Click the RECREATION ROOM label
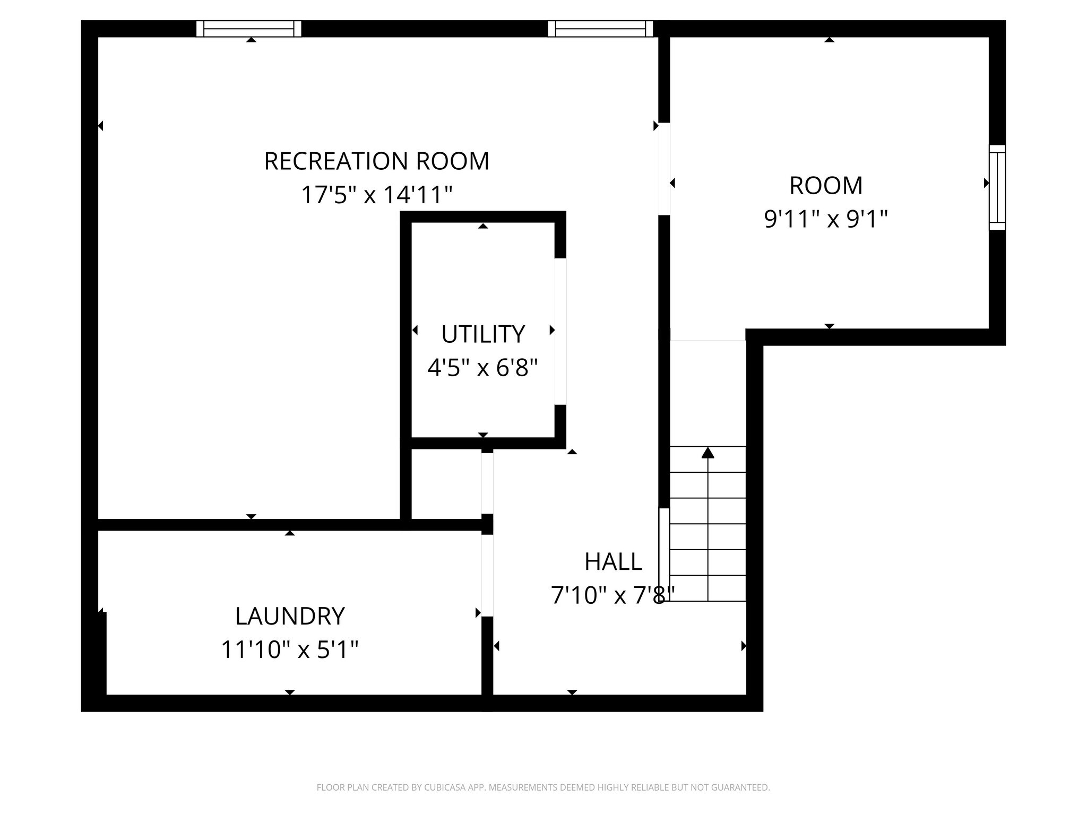pyautogui.click(x=376, y=161)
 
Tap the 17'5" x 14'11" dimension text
pyautogui.click(x=376, y=195)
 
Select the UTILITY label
pyautogui.click(x=483, y=334)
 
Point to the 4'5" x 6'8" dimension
pyautogui.click(x=483, y=367)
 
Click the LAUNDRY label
pyautogui.click(x=290, y=616)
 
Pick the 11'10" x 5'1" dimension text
pyautogui.click(x=290, y=649)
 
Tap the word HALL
pyautogui.click(x=613, y=562)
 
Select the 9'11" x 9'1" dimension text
pyautogui.click(x=826, y=219)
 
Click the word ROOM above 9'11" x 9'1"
pyautogui.click(x=826, y=186)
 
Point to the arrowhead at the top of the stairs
pyautogui.click(x=708, y=453)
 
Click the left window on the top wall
pyautogui.click(x=249, y=29)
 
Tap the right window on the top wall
pyautogui.click(x=600, y=29)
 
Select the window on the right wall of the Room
pyautogui.click(x=997, y=187)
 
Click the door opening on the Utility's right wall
pyautogui.click(x=560, y=332)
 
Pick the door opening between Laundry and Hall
pyautogui.click(x=487, y=576)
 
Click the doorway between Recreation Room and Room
pyautogui.click(x=664, y=169)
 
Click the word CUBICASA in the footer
pyautogui.click(x=445, y=787)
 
